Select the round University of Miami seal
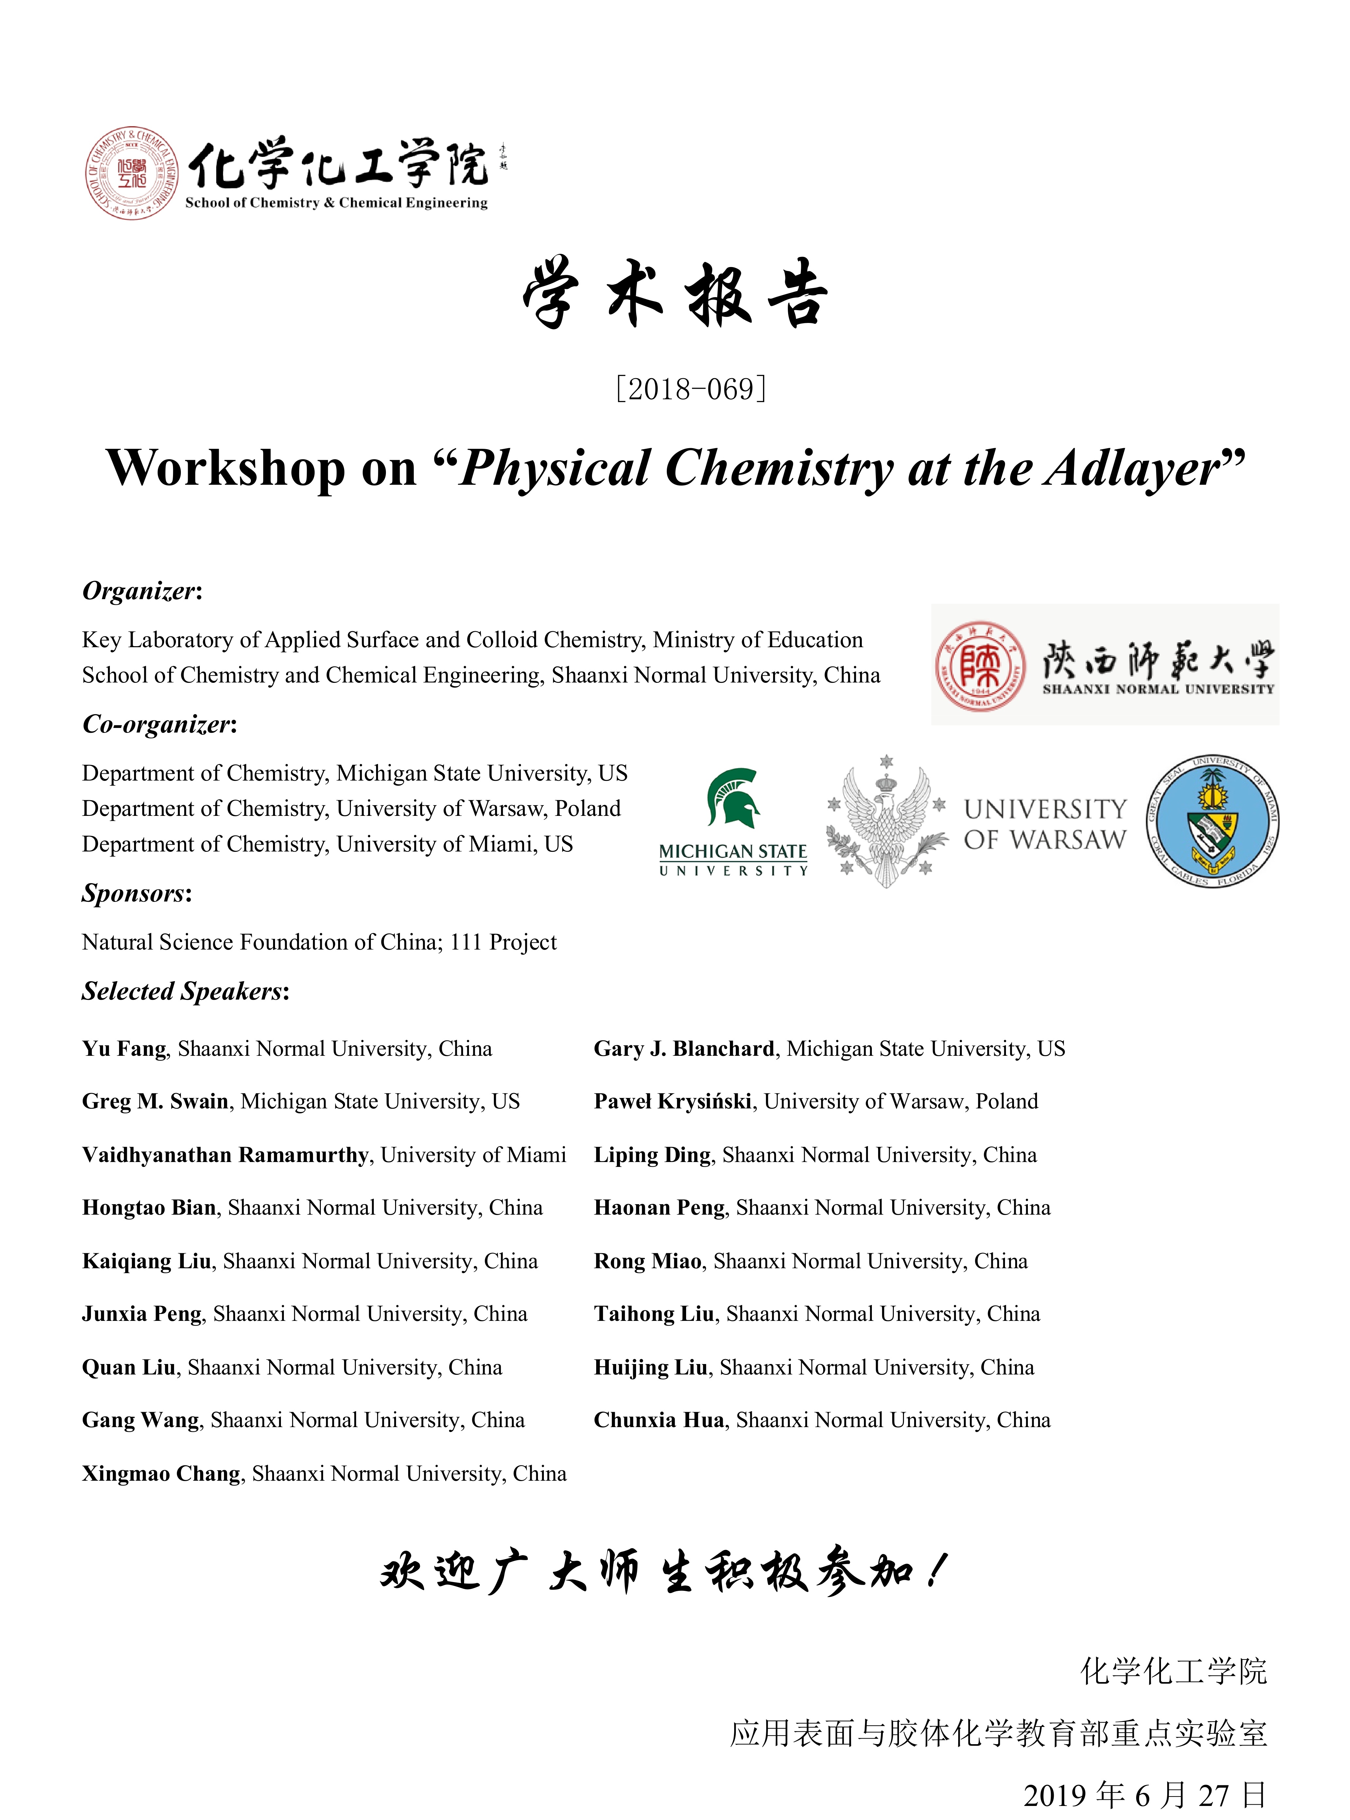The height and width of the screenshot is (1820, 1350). tap(1212, 821)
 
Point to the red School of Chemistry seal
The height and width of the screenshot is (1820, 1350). tap(132, 172)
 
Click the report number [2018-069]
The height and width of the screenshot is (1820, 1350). tap(690, 389)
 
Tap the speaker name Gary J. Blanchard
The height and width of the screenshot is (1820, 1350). tap(684, 1049)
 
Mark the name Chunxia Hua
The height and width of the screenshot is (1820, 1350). tap(659, 1421)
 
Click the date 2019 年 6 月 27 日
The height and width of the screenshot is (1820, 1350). tap(1144, 1795)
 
